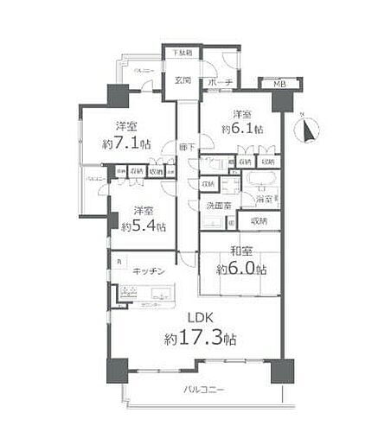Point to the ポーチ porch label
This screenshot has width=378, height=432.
pos(216,83)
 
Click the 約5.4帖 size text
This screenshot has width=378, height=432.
pos(138,226)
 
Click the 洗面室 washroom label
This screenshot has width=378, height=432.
pos(216,206)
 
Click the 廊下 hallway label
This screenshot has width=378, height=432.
pos(183,147)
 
